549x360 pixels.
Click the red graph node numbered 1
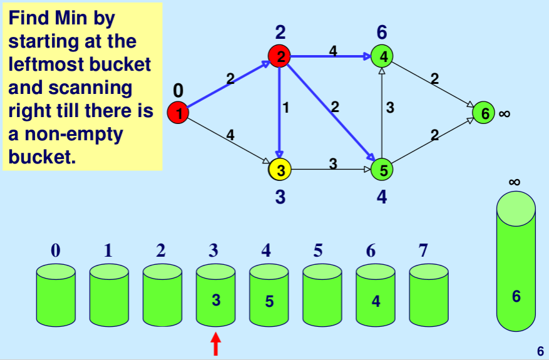click(178, 113)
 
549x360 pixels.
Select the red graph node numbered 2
click(280, 57)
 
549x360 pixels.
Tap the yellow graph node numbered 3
click(280, 169)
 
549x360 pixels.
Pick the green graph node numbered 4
click(382, 57)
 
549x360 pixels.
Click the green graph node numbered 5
click(382, 169)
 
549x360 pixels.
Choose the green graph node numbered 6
click(483, 113)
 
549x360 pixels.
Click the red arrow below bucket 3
click(216, 344)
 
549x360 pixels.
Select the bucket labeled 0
click(56, 296)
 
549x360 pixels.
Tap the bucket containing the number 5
click(269, 296)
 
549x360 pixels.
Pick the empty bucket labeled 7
click(429, 296)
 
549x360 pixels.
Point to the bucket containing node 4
click(376, 296)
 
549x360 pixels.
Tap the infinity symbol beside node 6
click(505, 114)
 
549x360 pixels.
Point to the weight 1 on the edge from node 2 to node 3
click(286, 108)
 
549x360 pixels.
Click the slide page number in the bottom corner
click(540, 351)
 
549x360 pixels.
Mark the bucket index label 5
click(318, 251)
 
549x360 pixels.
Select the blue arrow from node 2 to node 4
click(332, 56)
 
